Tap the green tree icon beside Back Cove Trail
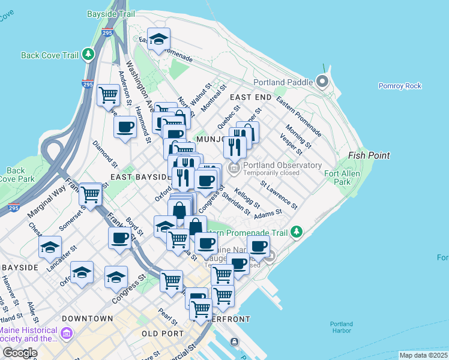tap(89, 55)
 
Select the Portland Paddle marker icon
tap(323, 82)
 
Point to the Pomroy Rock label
tap(400, 86)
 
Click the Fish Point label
tap(369, 155)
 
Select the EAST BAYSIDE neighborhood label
tap(142, 178)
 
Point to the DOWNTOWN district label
tap(87, 318)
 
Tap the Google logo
tap(20, 353)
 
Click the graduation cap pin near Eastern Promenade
tap(159, 39)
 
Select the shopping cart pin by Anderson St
tap(108, 94)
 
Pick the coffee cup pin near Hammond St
tap(125, 127)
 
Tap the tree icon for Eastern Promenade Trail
tap(295, 232)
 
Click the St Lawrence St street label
tap(279, 194)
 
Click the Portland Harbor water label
tap(342, 328)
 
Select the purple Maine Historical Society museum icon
tap(66, 332)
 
